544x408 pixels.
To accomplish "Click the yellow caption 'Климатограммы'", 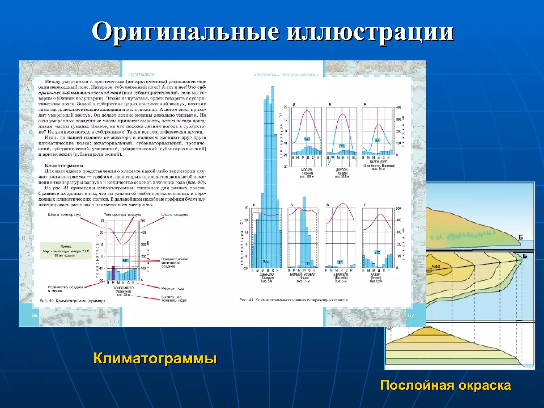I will coord(155,358).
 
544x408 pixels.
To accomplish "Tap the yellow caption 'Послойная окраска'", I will coord(445,385).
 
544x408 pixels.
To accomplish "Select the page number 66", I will coord(35,316).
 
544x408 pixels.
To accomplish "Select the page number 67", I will coord(411,316).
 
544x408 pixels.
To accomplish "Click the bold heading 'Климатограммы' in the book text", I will coord(64,165).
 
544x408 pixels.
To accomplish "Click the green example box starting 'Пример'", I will coord(66,250).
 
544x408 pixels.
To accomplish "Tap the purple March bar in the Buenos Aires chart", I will coord(113,273).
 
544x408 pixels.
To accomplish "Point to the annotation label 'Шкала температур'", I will coord(65,215).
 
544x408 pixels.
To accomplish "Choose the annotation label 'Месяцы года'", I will coord(173,288).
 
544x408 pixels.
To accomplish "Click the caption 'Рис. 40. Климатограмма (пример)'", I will coord(72,301).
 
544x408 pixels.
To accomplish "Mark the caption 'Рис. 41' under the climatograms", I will coord(294,300).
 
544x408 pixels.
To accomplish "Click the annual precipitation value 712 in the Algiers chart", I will coord(377,252).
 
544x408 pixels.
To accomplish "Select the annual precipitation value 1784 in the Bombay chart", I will coord(307,263).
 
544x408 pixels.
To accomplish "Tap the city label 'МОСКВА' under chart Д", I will coord(307,170).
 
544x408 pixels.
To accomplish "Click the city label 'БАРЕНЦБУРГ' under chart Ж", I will coord(379,162).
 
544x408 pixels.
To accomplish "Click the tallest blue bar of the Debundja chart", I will coord(273,159).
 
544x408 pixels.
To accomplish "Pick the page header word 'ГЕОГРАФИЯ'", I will coord(141,75).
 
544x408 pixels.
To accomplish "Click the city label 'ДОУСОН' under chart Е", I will coord(342,170).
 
